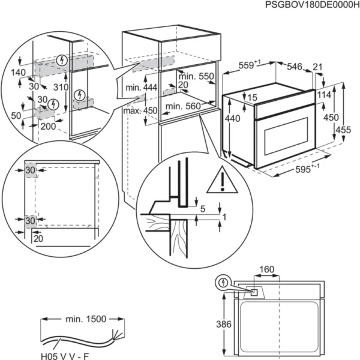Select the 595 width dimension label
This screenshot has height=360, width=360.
[308, 170]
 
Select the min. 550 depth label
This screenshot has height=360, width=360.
[194, 77]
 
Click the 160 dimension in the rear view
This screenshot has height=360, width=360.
[268, 269]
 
